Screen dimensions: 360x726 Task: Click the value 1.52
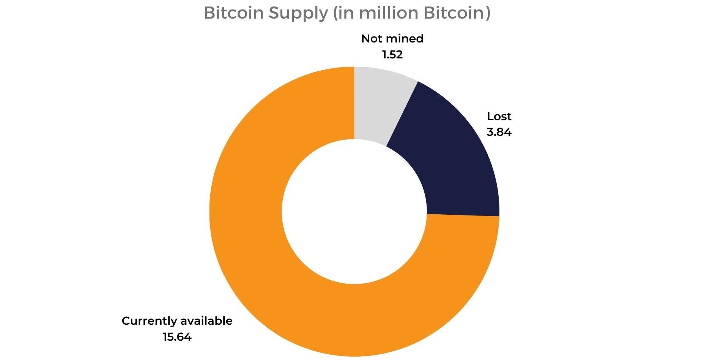coord(392,55)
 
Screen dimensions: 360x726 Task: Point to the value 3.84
coord(499,132)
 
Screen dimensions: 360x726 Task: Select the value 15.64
coord(177,337)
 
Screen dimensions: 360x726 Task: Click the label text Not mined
coord(392,39)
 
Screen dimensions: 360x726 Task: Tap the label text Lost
coord(499,116)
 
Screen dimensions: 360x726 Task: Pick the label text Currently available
coord(177,321)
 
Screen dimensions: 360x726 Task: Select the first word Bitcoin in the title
coord(233,13)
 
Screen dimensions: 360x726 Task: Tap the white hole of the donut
coord(354,211)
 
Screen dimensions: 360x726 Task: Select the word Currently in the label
coord(149,321)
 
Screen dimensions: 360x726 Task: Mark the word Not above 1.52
coord(371,39)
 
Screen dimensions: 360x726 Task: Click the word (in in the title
coord(344,13)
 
